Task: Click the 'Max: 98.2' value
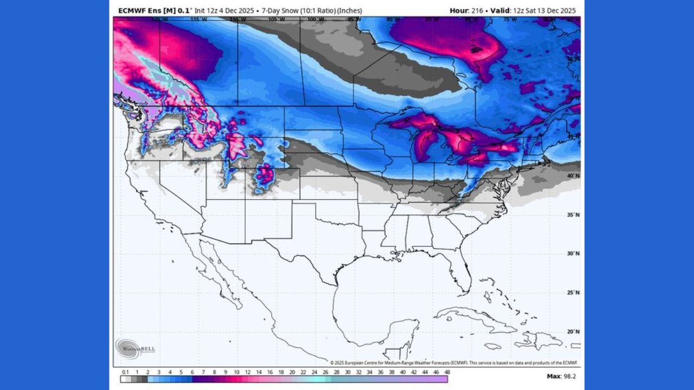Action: coord(562,376)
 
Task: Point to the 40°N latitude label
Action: coord(573,176)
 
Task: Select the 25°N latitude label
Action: coord(573,292)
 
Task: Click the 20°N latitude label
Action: coord(573,331)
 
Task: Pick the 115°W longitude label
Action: coord(198,19)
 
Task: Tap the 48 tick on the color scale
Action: coord(447,372)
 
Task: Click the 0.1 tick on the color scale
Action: coord(125,372)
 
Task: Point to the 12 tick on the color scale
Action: coord(247,372)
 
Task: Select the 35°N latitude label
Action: coord(573,214)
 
